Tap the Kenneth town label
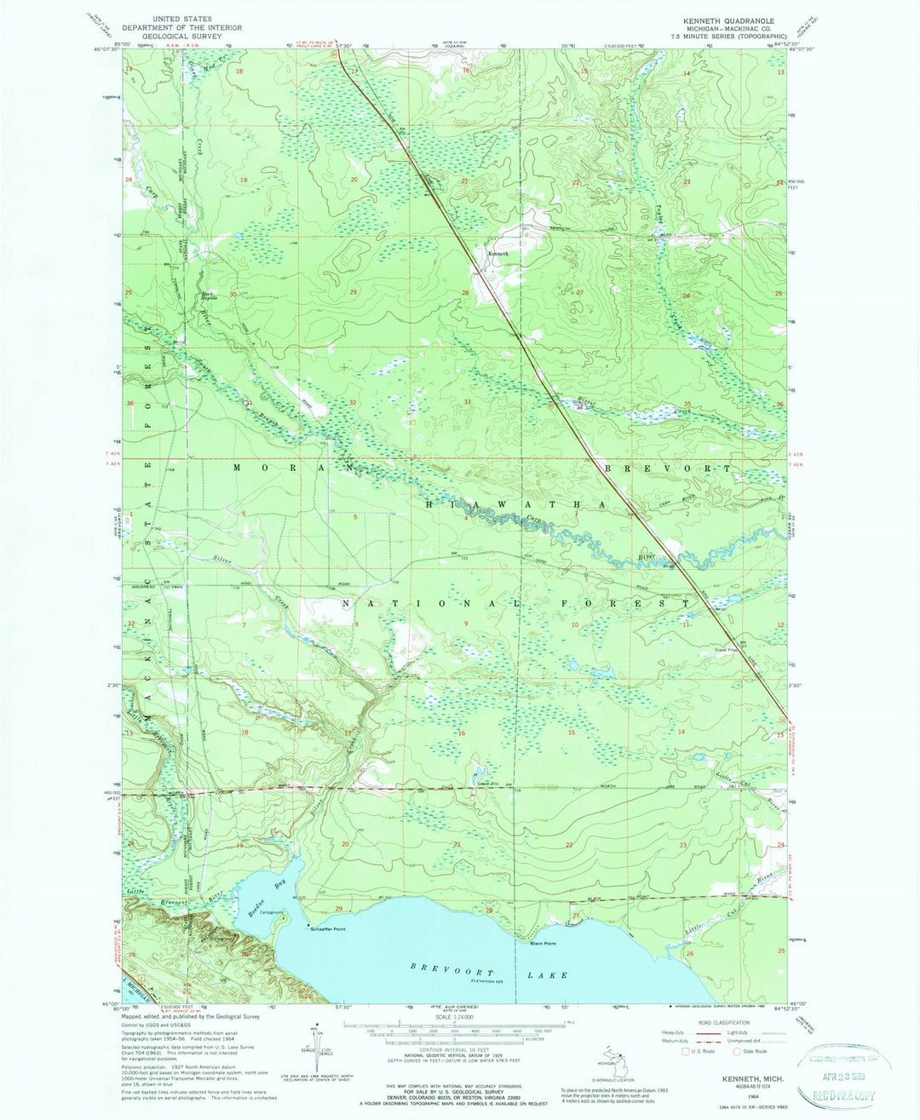[x=497, y=254]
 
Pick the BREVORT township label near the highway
[x=668, y=469]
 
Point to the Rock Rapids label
[x=209, y=296]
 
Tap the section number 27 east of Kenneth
[x=579, y=292]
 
